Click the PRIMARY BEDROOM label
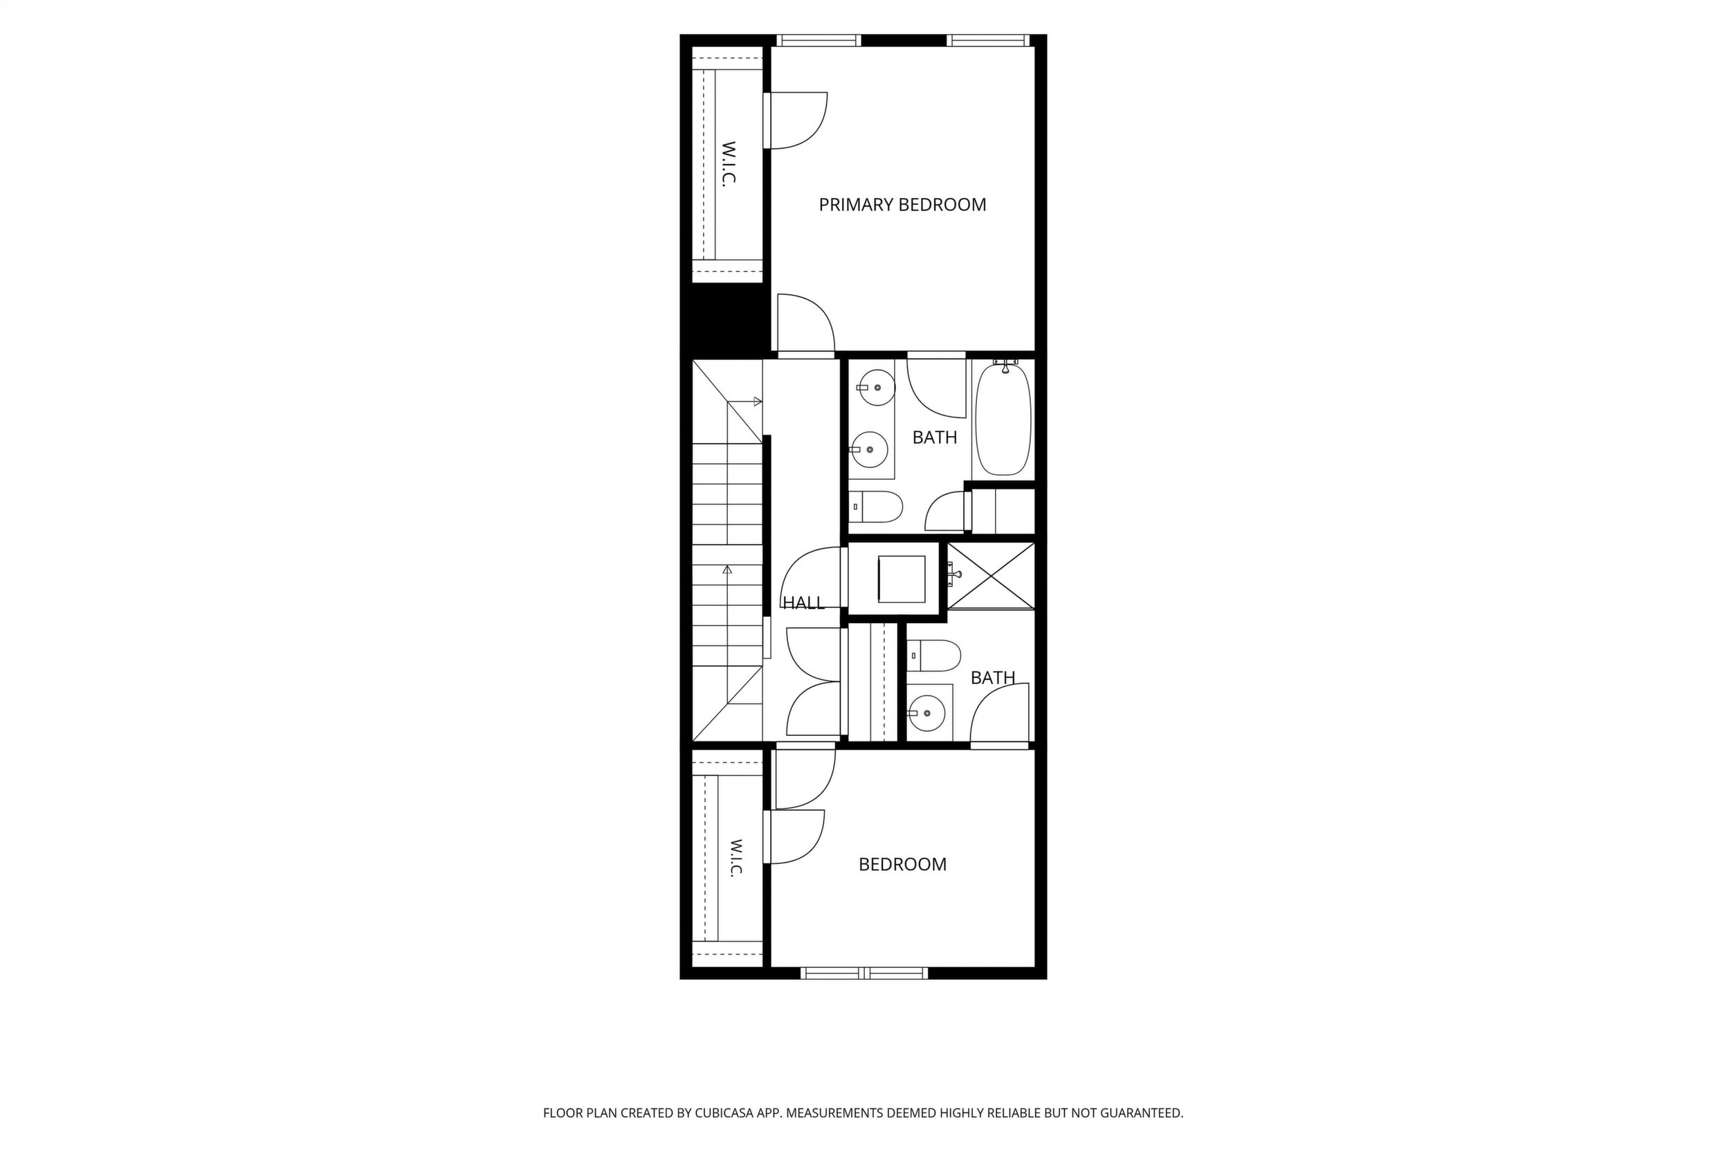[902, 205]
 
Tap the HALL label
[803, 603]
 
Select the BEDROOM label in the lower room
[902, 865]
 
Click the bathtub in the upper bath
[1003, 419]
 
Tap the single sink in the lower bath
[927, 712]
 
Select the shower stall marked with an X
[991, 577]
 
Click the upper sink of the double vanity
[877, 387]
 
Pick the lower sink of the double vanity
[870, 449]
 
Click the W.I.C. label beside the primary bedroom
[729, 163]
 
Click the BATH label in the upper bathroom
[935, 438]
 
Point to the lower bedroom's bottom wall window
[864, 973]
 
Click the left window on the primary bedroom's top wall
[819, 40]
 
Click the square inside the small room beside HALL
[902, 579]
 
